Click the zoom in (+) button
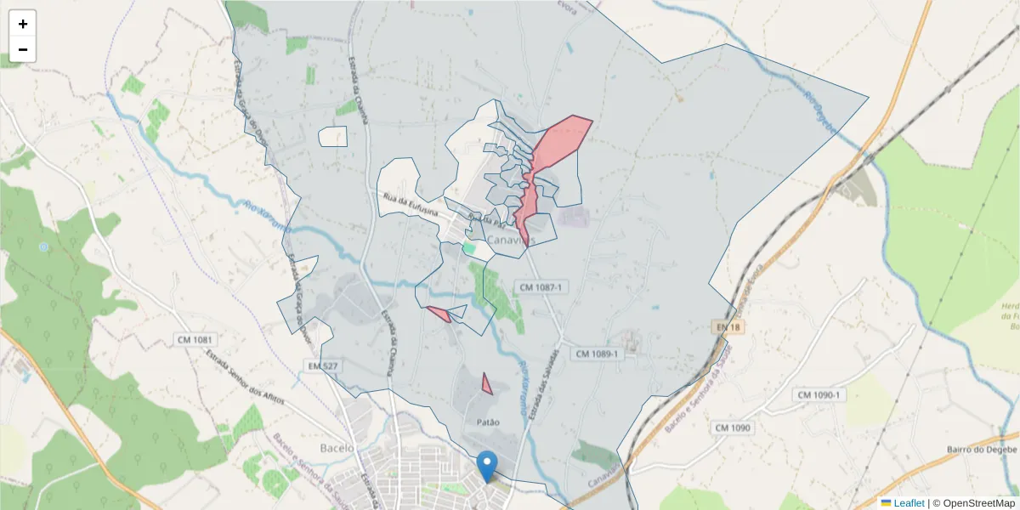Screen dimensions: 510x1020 [x=23, y=24]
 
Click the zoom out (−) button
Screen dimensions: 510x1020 [x=23, y=49]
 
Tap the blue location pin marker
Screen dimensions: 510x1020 [x=487, y=466]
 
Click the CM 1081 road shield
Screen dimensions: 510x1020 [x=194, y=340]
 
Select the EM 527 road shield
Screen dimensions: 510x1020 [x=322, y=365]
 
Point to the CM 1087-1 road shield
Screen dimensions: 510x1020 [x=541, y=287]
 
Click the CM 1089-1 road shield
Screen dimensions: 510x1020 [x=598, y=354]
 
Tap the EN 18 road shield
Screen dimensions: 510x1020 [x=722, y=326]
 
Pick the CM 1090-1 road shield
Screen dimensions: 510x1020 [x=819, y=395]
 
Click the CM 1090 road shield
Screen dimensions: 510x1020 [x=733, y=428]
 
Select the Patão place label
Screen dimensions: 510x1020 [x=482, y=422]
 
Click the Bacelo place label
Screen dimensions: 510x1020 [x=336, y=448]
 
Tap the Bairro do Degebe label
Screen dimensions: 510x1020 [x=982, y=450]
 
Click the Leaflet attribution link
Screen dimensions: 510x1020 [x=908, y=503]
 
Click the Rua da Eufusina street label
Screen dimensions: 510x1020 [x=410, y=205]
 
